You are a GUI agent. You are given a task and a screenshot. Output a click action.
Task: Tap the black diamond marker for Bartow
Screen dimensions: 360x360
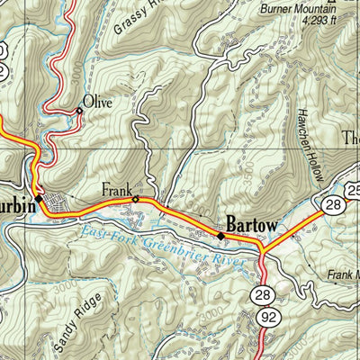pyautogui.click(x=221, y=236)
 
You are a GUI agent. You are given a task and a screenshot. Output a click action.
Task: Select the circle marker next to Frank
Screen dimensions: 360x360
pyautogui.click(x=136, y=199)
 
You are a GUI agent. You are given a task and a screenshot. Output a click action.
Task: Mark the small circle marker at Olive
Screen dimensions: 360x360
pyautogui.click(x=79, y=111)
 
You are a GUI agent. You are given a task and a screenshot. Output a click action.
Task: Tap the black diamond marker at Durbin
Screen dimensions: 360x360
pyautogui.click(x=39, y=197)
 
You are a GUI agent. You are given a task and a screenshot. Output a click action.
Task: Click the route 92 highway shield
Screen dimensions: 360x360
pyautogui.click(x=265, y=318)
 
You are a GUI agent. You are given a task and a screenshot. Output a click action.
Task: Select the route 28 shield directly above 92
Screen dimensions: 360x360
pyautogui.click(x=264, y=294)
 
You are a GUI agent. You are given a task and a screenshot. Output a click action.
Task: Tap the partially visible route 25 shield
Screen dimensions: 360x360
pyautogui.click(x=353, y=189)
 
